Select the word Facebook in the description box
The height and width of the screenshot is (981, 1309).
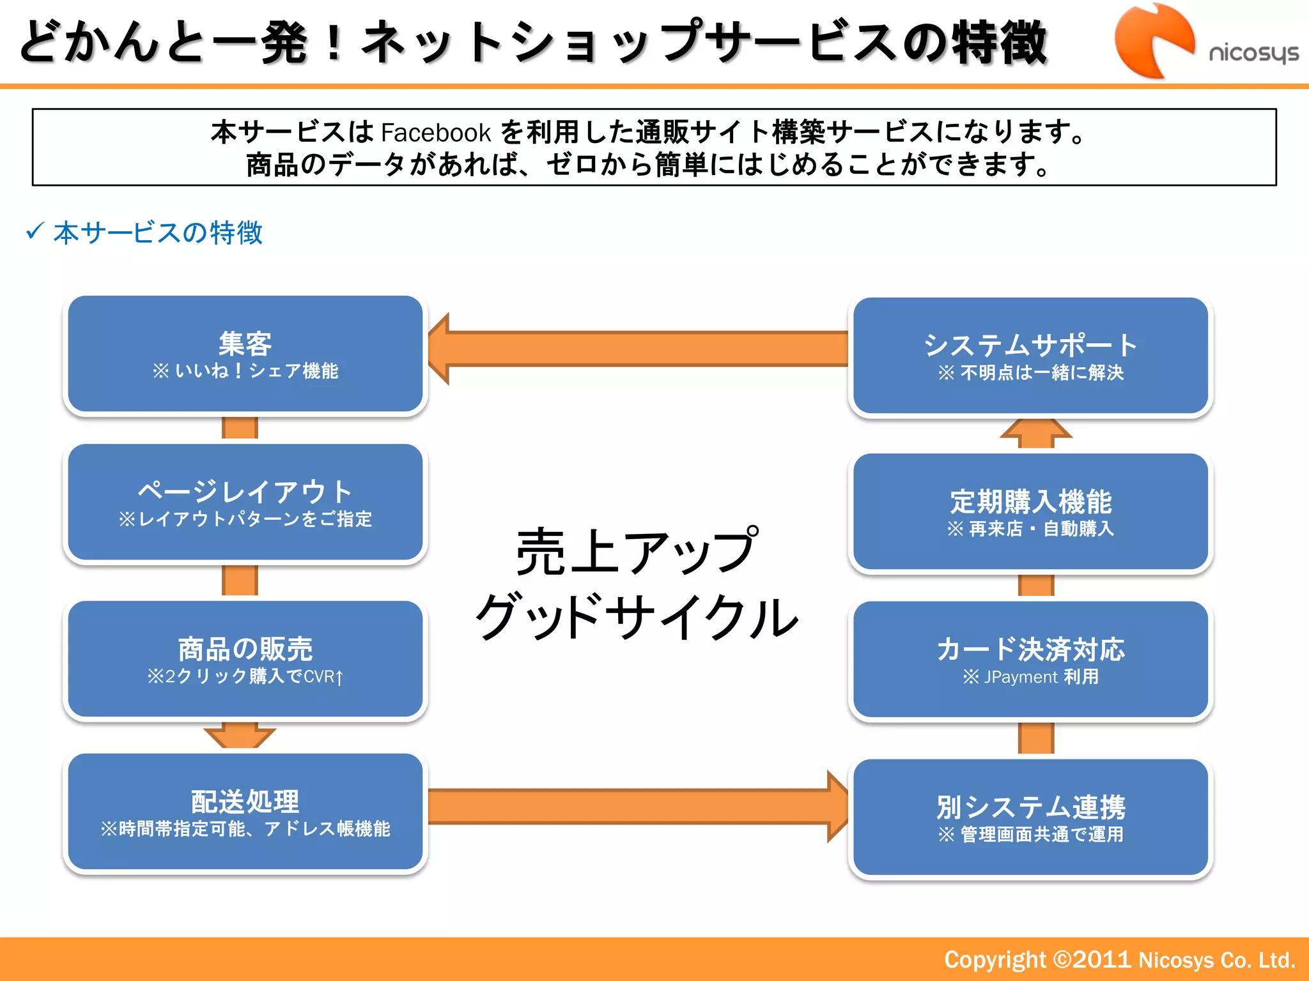[x=436, y=133]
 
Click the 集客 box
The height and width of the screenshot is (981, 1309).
[x=245, y=354]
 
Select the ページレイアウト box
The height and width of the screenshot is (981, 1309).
[x=245, y=502]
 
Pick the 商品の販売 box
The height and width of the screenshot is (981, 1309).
[x=245, y=658]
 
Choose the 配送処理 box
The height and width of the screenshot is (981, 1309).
[x=245, y=811]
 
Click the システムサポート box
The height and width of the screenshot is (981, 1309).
[x=1030, y=356]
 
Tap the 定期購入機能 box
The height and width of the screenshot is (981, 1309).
[x=1030, y=511]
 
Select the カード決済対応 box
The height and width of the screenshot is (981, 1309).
[x=1030, y=659]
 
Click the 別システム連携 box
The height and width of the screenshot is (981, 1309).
[x=1030, y=817]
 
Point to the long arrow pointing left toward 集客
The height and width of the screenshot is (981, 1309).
[x=639, y=349]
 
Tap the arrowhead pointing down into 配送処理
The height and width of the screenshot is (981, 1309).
[x=240, y=736]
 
